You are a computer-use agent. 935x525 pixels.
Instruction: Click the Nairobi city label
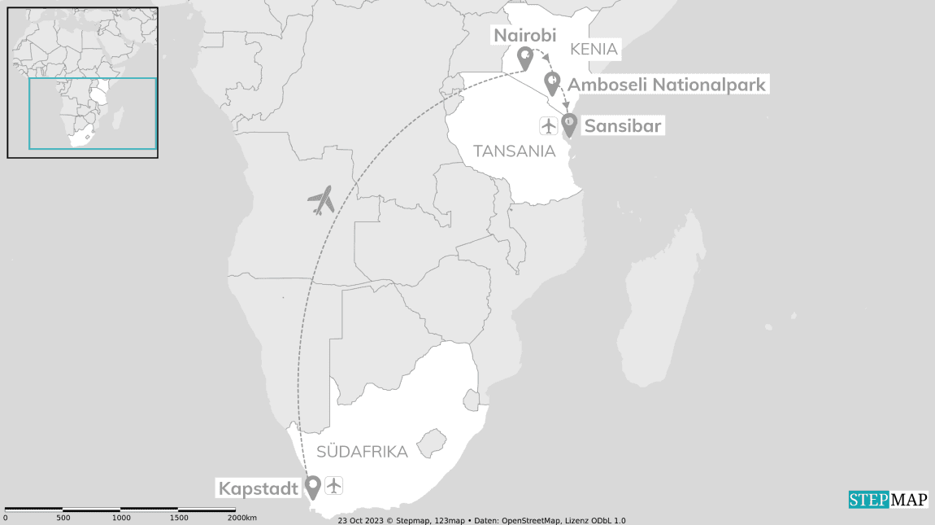tap(524, 35)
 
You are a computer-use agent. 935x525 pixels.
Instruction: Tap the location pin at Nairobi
tap(525, 58)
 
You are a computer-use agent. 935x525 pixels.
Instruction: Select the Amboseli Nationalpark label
tap(666, 84)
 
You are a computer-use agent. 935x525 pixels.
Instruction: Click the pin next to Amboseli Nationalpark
tap(552, 82)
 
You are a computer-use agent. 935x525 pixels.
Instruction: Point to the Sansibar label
tap(623, 125)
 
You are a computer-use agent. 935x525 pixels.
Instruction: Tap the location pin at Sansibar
tap(570, 124)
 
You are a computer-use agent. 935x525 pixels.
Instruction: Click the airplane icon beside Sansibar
tap(549, 125)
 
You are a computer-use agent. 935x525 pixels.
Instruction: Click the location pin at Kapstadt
tap(312, 487)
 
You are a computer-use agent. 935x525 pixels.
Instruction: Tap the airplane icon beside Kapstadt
tap(334, 485)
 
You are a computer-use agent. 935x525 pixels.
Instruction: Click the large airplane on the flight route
tap(322, 199)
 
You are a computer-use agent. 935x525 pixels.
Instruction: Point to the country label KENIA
tap(594, 50)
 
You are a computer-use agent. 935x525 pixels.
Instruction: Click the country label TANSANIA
tap(515, 151)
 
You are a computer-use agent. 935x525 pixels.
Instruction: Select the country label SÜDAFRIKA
tap(362, 452)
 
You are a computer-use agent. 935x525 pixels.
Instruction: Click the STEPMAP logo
tap(888, 499)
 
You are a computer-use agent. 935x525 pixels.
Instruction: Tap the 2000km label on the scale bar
tap(241, 518)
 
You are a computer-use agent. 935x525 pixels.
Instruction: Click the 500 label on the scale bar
tap(63, 518)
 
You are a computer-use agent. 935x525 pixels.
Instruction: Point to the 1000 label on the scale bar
tap(121, 518)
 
